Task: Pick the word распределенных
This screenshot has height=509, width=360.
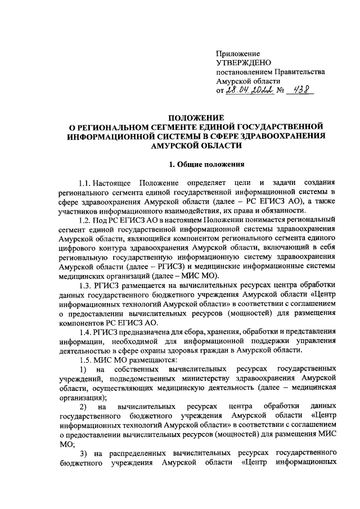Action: (137, 452)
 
